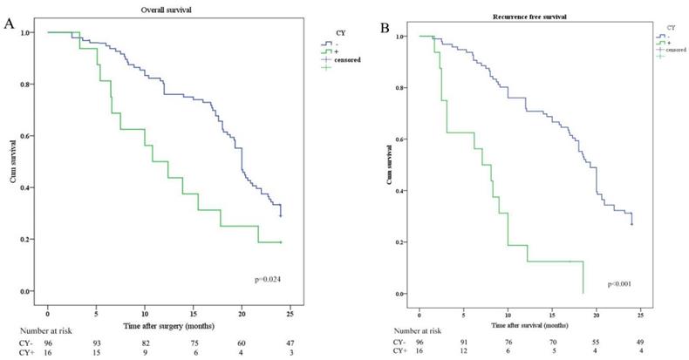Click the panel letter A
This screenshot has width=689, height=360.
10,24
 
